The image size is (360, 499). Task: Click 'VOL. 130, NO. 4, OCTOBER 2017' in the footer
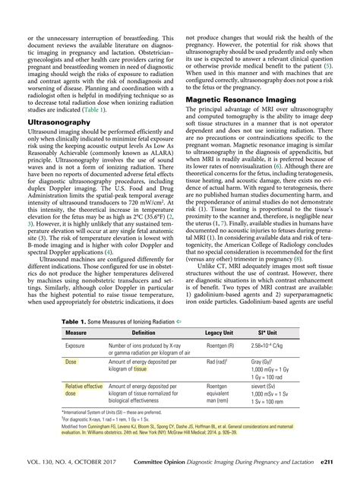click(x=63, y=481)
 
